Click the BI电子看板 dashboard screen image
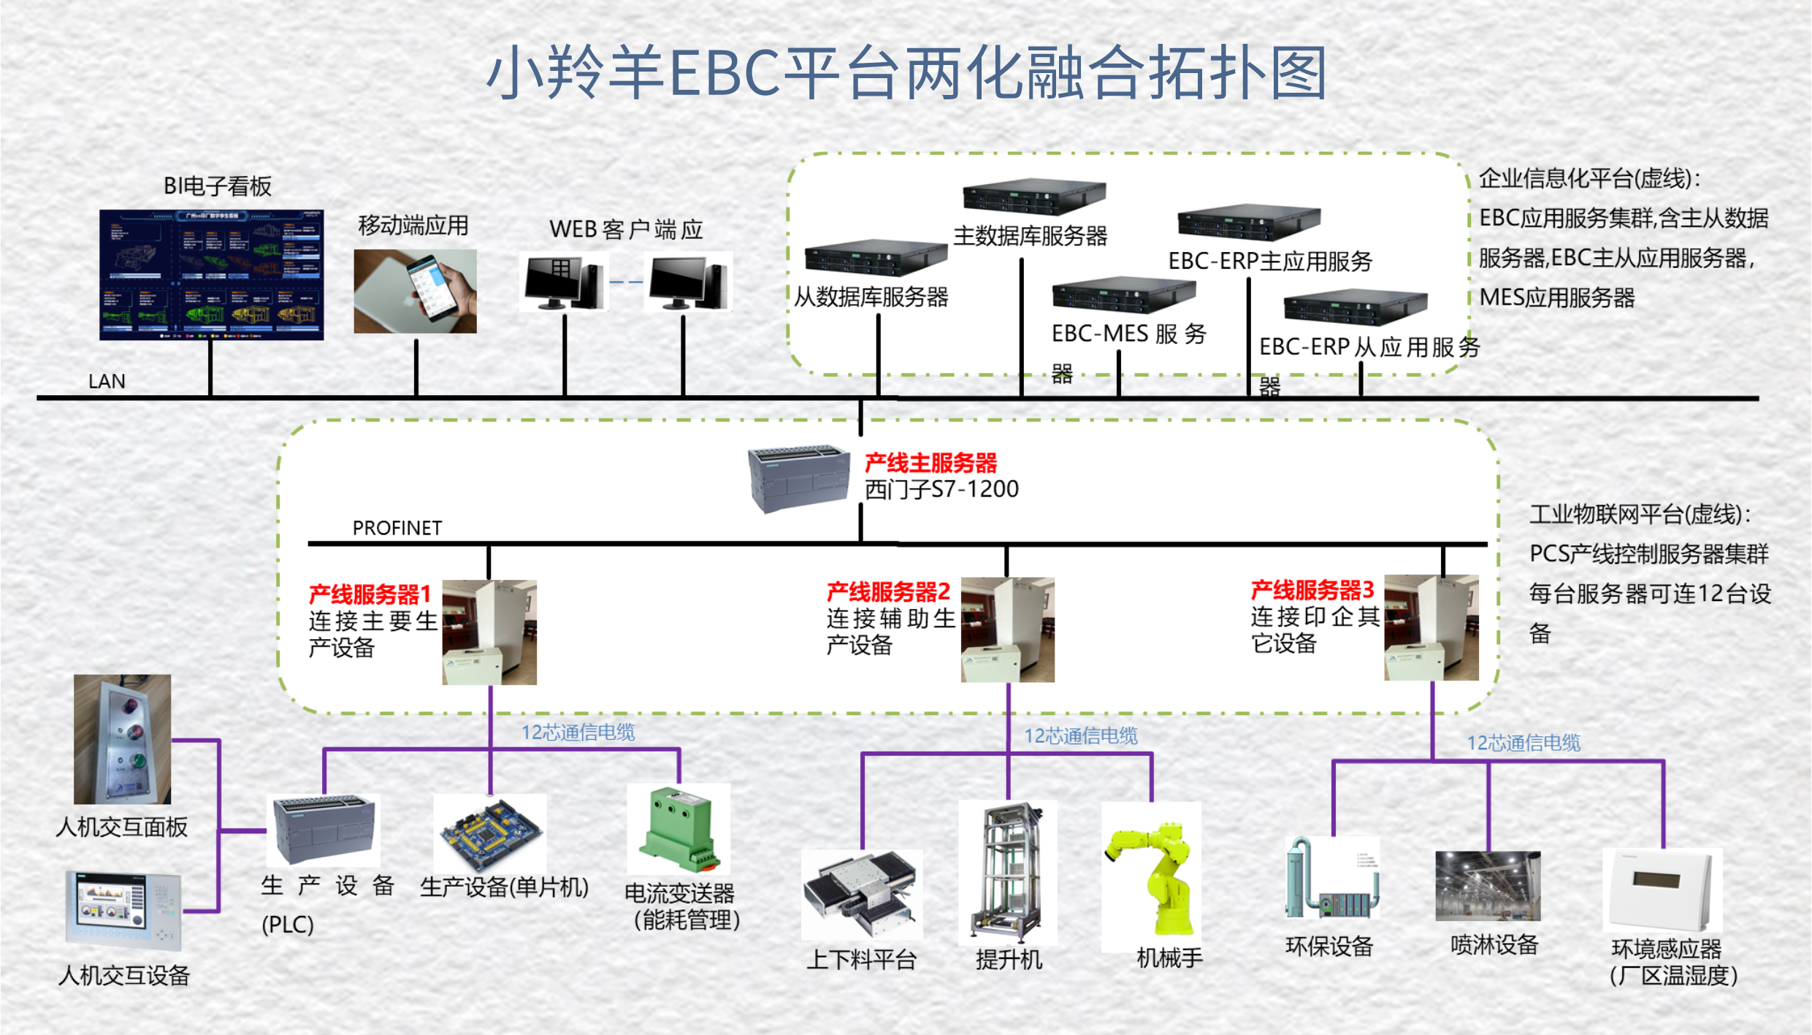211,275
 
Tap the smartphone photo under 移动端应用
415,291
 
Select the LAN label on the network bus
107,381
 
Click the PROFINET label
397,528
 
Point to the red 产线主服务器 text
930,463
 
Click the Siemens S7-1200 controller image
798,478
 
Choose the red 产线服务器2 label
888,591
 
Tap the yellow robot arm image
1152,876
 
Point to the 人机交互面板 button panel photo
123,739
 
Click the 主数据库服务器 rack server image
1033,196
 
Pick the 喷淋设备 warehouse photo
1488,885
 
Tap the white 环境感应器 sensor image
1663,890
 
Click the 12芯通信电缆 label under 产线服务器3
1524,743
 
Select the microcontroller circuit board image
490,833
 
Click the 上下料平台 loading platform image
862,894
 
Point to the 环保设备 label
1329,947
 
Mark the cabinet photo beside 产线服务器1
489,633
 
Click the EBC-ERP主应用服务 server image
1249,221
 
